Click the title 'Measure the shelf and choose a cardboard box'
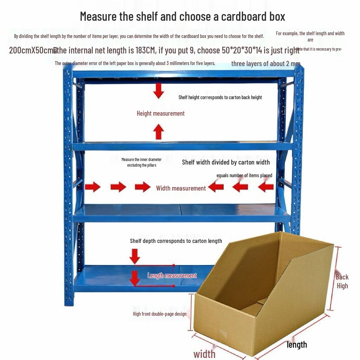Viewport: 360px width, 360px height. (x=182, y=16)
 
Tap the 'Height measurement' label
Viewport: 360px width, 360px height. (x=160, y=113)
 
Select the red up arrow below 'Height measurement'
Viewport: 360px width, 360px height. (x=159, y=132)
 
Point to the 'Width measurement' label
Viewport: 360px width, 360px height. (x=181, y=188)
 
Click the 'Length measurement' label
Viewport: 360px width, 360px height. (x=172, y=276)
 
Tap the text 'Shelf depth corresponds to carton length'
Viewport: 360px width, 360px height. (x=176, y=241)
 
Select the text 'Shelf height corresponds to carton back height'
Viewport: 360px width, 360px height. (x=220, y=97)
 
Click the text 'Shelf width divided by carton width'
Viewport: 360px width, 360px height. (x=226, y=162)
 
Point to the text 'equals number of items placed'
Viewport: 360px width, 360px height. (x=244, y=175)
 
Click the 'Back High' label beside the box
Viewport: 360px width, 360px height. (x=342, y=281)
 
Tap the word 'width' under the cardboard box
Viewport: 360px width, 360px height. (x=204, y=353)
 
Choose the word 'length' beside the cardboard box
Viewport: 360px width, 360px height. (x=297, y=345)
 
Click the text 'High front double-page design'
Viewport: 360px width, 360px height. (x=159, y=314)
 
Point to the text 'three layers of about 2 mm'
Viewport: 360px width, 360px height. (x=265, y=64)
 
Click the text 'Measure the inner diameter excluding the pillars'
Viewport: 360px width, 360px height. (x=142, y=162)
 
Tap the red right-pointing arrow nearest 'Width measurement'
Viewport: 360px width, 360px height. (x=143, y=187)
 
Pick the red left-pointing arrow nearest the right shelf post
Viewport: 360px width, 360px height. (x=266, y=187)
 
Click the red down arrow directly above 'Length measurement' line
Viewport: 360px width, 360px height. (x=135, y=256)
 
